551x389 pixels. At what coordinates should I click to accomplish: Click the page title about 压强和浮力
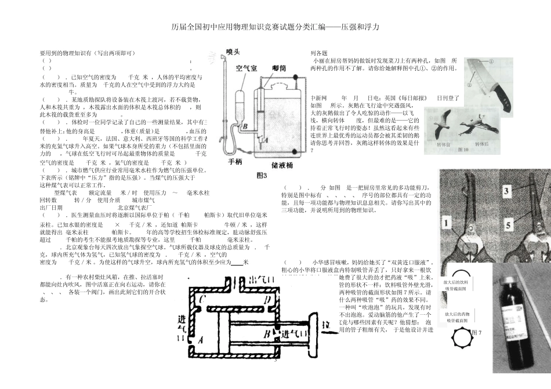(275, 27)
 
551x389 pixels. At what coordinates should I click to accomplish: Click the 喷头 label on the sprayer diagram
(233, 52)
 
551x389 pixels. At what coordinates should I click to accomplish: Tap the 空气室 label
(246, 68)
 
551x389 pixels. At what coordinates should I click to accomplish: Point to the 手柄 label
(235, 161)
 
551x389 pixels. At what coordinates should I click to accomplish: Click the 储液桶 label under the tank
(282, 165)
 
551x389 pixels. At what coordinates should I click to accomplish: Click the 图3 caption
(262, 174)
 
